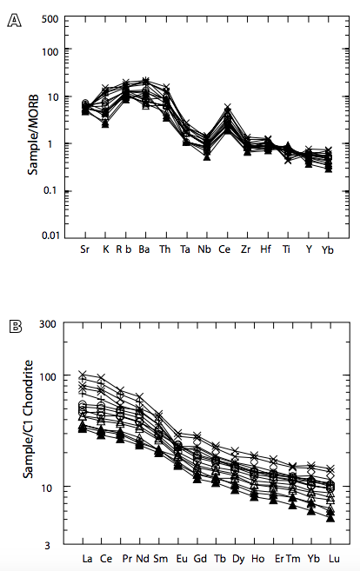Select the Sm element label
[161, 557]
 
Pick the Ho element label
[257, 557]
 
